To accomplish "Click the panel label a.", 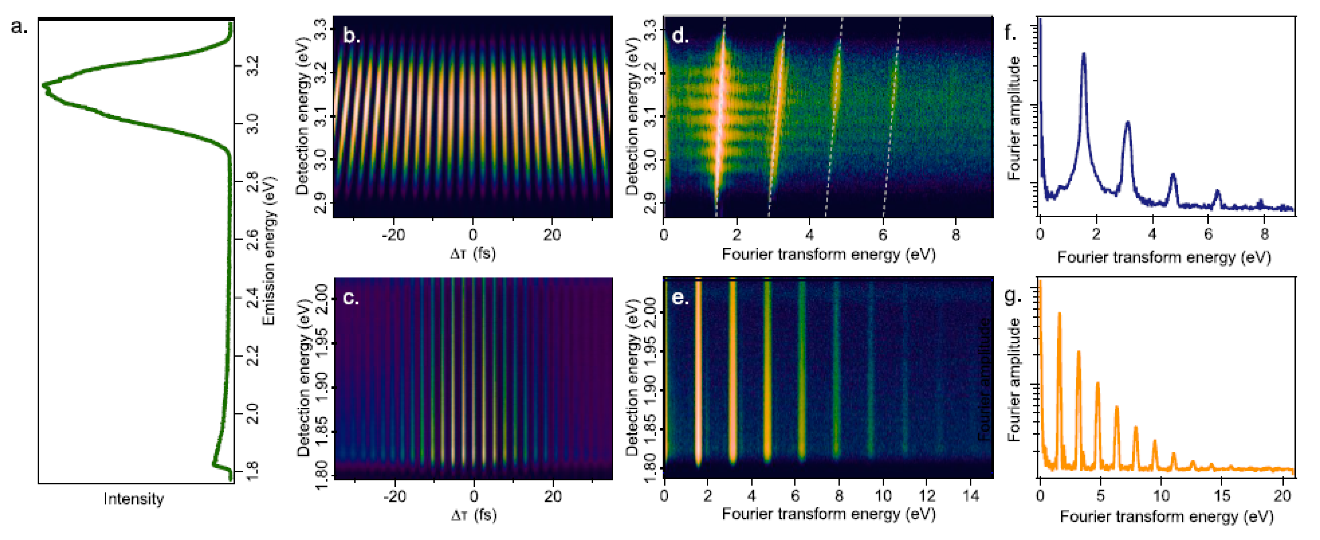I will pos(19,26).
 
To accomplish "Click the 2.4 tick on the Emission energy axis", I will pos(252,298).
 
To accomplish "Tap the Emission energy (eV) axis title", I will pos(268,251).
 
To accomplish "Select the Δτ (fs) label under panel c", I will pos(473,514).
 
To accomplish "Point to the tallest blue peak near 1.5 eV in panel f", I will pos(1083,54).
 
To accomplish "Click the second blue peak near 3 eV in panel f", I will pos(1127,123).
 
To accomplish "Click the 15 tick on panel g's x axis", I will pos(1222,495).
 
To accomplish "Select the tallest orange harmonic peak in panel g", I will pos(1059,314).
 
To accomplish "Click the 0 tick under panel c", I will pos(473,495).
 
